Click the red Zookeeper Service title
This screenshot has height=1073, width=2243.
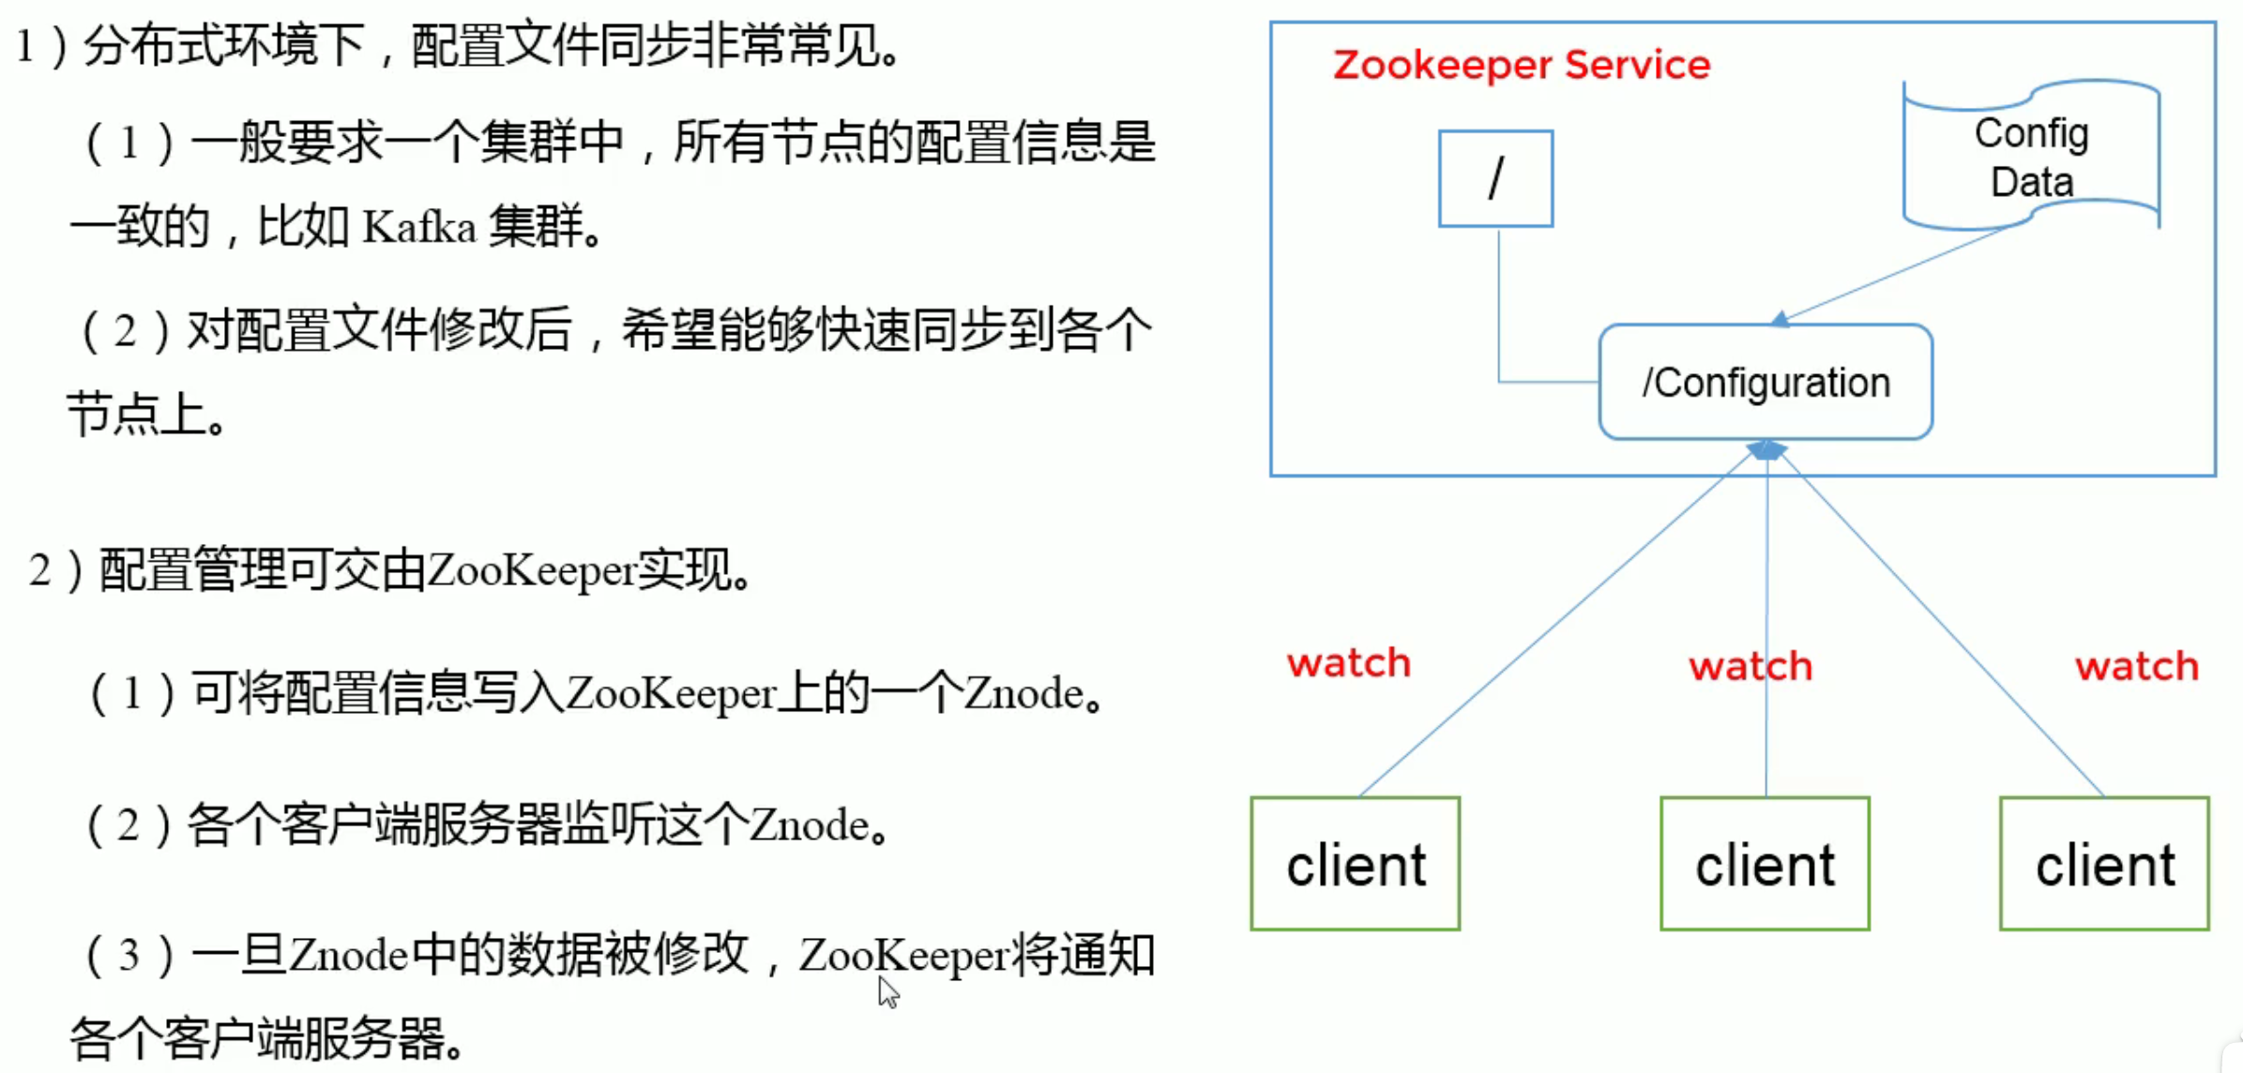[1521, 66]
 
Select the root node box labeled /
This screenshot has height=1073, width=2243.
[1495, 178]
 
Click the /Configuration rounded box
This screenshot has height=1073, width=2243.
[1766, 382]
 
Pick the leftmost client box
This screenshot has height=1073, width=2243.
[1356, 864]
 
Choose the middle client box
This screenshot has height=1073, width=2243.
[1765, 864]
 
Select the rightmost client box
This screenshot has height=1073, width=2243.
[2104, 864]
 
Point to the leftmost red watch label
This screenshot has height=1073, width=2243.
[1349, 663]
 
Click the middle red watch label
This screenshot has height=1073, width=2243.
[1750, 667]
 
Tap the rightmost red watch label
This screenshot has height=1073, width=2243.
[2137, 667]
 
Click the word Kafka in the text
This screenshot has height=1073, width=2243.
[419, 227]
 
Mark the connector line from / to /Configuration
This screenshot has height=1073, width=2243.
[1499, 319]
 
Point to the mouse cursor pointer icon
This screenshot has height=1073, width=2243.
[887, 990]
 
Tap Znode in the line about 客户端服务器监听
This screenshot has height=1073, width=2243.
[809, 825]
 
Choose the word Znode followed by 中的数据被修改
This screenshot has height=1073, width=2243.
[348, 956]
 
